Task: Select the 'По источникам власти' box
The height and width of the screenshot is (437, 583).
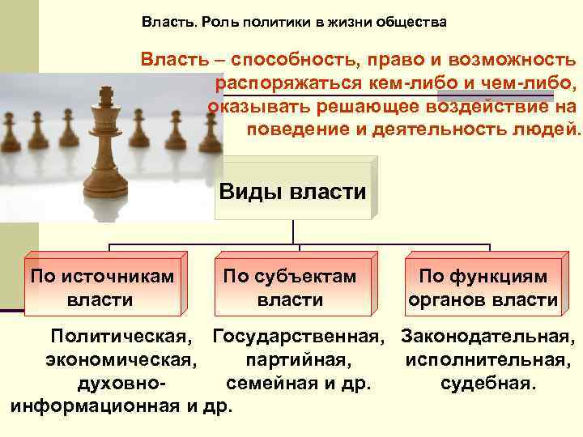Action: coord(102,287)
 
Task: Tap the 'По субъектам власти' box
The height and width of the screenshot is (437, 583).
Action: coord(290,287)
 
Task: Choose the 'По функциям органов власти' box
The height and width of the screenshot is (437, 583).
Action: coord(483,287)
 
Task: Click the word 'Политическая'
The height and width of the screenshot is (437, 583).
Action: coord(122,335)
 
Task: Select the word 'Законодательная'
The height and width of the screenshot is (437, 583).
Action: coord(488,335)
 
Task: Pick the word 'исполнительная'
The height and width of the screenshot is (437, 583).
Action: coord(488,359)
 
